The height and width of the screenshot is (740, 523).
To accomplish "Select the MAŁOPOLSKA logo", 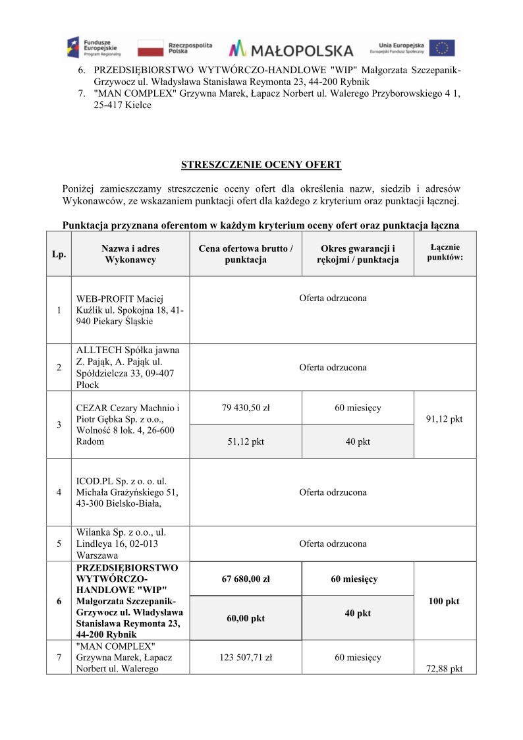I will tap(290, 49).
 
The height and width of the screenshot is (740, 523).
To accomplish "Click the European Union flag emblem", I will tap(442, 48).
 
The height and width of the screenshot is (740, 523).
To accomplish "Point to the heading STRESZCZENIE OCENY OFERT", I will tap(261, 165).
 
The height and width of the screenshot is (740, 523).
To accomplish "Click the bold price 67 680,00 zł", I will tap(246, 579).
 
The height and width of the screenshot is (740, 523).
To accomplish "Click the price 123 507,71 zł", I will tap(246, 657).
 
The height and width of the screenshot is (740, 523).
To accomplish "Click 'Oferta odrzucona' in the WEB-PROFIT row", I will tap(333, 299).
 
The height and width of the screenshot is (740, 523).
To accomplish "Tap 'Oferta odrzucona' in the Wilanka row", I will tap(333, 544).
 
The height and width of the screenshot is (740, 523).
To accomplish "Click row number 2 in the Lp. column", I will tap(59, 368).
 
